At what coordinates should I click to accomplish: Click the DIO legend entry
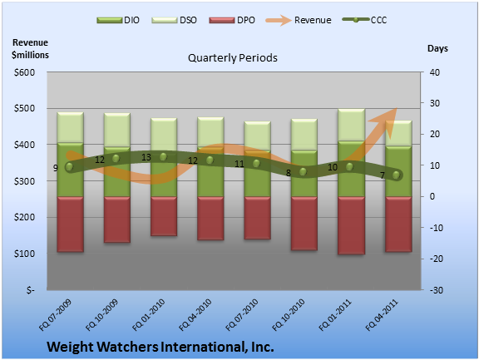tap(118, 20)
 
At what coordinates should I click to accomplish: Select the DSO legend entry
tap(174, 20)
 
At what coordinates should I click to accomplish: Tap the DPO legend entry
tap(232, 20)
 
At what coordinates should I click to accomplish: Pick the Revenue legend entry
tap(299, 20)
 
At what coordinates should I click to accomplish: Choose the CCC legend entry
tap(364, 20)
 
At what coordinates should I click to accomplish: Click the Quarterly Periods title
tap(233, 57)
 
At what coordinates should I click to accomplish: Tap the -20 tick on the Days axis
tap(435, 259)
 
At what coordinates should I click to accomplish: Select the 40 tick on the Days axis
tap(435, 72)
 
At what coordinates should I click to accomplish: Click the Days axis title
tap(437, 48)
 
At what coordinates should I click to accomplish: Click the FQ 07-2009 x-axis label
tap(55, 315)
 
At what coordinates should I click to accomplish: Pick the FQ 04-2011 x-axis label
tap(382, 315)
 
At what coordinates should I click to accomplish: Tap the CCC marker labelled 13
tap(163, 157)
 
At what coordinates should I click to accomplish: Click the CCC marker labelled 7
tap(396, 175)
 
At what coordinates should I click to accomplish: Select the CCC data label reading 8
tap(288, 173)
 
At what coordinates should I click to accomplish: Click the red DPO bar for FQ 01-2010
tap(164, 216)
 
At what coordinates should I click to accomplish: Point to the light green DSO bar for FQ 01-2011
tap(351, 126)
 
